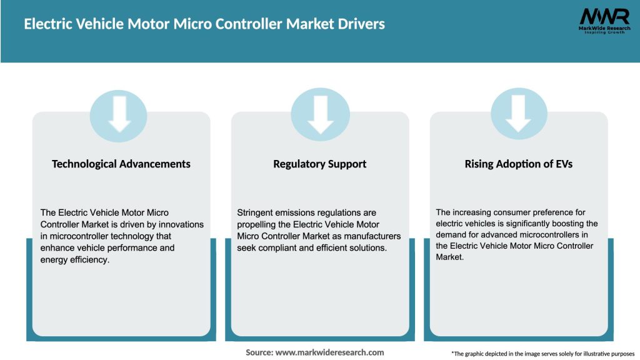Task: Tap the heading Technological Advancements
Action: (x=121, y=164)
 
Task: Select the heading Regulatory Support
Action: (x=320, y=164)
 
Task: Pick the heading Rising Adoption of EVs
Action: (x=519, y=164)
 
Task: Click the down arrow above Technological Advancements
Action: (x=119, y=112)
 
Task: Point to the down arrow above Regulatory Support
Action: (x=320, y=112)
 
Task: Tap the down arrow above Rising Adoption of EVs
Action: (x=519, y=112)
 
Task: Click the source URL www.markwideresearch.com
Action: (x=329, y=352)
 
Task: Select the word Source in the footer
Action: (x=259, y=352)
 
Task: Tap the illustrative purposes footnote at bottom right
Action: (x=542, y=354)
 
